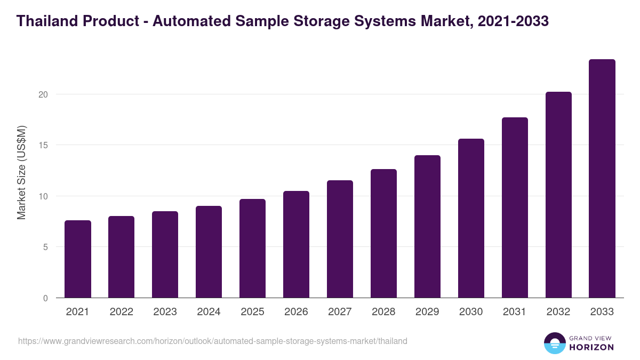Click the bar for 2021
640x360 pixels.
[x=78, y=259]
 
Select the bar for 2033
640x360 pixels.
[x=602, y=179]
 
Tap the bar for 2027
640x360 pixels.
[x=340, y=239]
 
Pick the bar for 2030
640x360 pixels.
[x=471, y=218]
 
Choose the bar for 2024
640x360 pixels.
[x=209, y=252]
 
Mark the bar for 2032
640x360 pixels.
[x=558, y=195]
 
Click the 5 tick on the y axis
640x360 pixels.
[x=46, y=247]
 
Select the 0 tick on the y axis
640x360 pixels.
[x=46, y=298]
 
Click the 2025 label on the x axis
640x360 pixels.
[x=252, y=312]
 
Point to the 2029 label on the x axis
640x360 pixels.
[x=427, y=312]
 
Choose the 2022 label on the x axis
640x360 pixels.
[x=121, y=312]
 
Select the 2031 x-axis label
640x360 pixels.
[x=515, y=312]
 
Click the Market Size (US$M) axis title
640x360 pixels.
[x=22, y=172]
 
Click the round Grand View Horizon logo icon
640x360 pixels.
[x=555, y=343]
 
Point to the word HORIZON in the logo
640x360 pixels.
[x=591, y=347]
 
